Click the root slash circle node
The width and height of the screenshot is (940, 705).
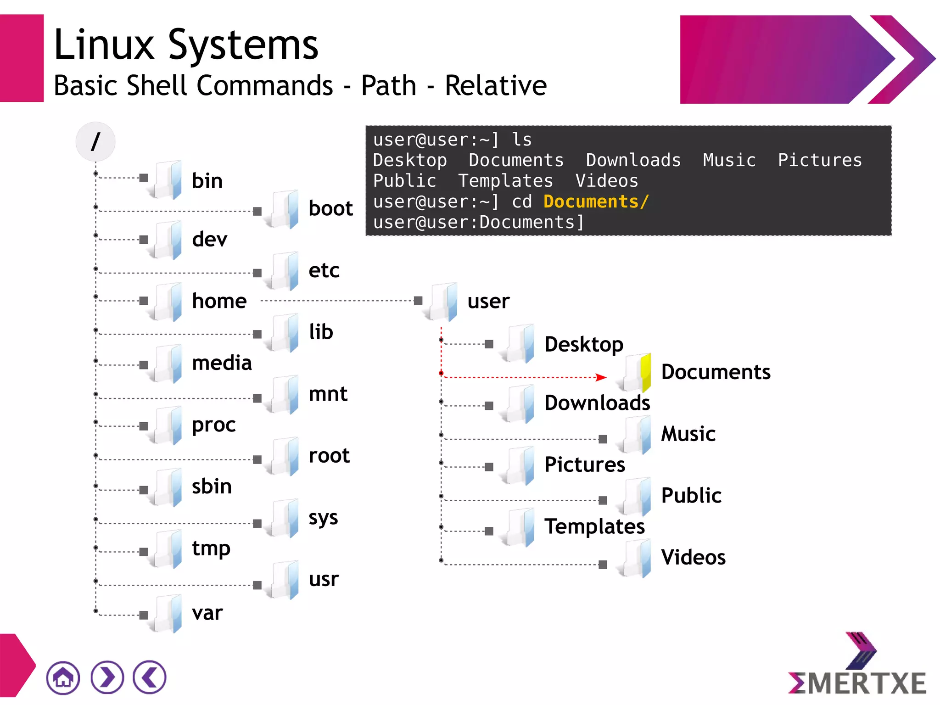(95, 141)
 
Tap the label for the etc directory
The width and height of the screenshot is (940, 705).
(324, 270)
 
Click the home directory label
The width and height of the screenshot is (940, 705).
(219, 301)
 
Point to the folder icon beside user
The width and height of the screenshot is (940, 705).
(442, 302)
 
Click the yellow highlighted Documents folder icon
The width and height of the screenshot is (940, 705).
(636, 372)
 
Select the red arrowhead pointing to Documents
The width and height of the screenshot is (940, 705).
(601, 377)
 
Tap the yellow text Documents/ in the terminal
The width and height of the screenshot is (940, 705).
(596, 202)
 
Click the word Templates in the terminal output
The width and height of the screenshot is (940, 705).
(505, 181)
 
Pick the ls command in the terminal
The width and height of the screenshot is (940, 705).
(522, 140)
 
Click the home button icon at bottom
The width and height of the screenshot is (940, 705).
(63, 677)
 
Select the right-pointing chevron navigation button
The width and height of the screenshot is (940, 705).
(107, 677)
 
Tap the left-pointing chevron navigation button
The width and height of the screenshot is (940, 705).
(150, 677)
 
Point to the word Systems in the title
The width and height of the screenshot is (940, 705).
(243, 45)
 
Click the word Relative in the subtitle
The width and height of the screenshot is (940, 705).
(496, 86)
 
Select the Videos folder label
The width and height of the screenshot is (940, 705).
(693, 557)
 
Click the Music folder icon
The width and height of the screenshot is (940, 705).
(636, 434)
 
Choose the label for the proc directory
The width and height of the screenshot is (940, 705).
(214, 425)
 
